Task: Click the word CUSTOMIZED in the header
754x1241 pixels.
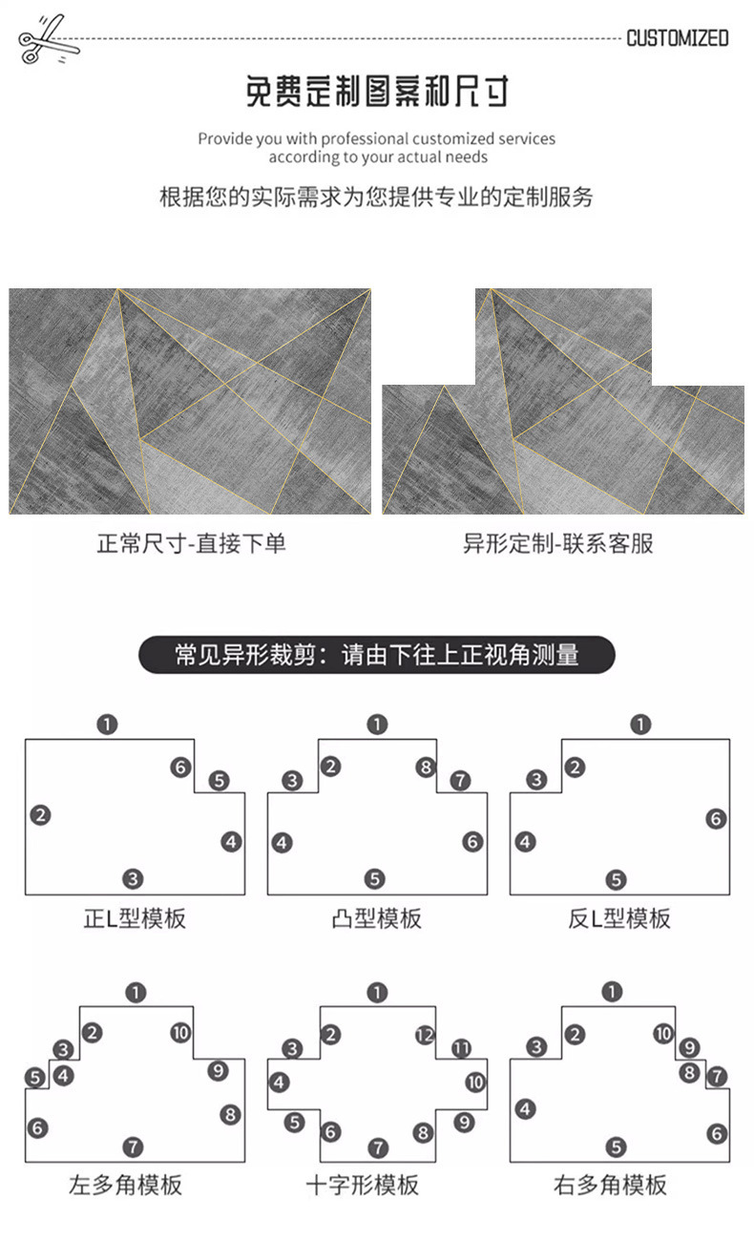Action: (677, 38)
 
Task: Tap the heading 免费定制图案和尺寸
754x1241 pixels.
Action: (377, 92)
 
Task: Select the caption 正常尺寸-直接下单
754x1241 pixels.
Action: (191, 544)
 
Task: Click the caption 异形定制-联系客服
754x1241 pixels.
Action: (558, 544)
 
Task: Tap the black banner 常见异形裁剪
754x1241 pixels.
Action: (377, 656)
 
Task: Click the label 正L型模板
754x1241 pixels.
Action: (135, 918)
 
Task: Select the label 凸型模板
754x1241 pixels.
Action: (377, 918)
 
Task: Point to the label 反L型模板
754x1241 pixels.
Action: (619, 918)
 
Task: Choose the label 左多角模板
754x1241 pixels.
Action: (125, 1186)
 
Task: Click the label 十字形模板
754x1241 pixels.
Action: (362, 1186)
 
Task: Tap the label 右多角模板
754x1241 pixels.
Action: (610, 1186)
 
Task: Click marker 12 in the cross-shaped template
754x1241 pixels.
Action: (426, 1035)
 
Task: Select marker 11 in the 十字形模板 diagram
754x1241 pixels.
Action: (462, 1048)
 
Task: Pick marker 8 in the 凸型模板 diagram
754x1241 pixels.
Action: (426, 767)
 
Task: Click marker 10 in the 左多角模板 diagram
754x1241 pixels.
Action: (180, 1032)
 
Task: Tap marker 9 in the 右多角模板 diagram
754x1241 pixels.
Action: (689, 1048)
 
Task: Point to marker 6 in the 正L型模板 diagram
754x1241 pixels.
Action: (180, 767)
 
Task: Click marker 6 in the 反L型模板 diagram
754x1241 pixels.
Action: (716, 818)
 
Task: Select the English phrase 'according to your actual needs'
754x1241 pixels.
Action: (377, 158)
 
